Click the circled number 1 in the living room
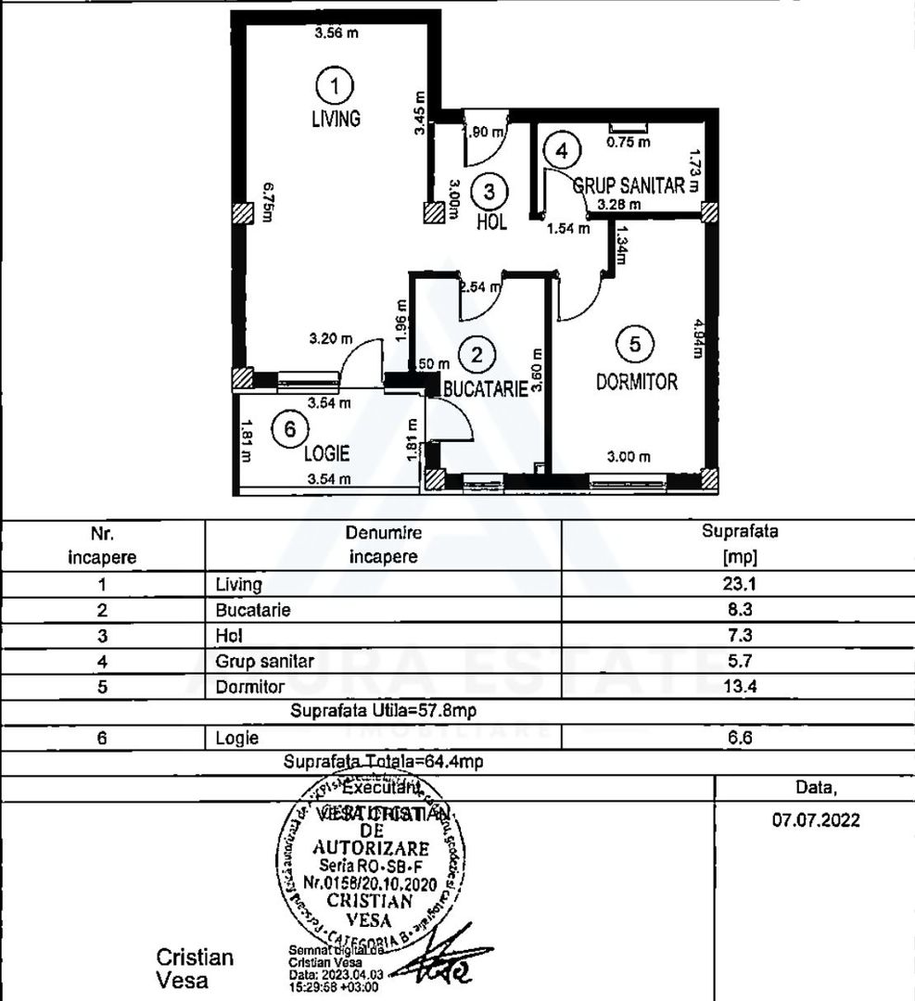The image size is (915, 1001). click(x=335, y=86)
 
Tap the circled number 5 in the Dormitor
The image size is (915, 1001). click(x=635, y=344)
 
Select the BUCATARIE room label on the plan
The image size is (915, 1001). click(x=485, y=389)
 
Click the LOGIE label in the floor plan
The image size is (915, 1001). click(x=326, y=453)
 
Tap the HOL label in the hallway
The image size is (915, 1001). click(x=491, y=223)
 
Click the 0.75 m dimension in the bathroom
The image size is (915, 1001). click(x=629, y=143)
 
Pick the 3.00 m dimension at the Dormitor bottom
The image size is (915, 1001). click(x=629, y=456)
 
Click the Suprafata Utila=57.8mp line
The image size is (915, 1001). click(x=383, y=713)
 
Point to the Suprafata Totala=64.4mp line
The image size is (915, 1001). click(x=383, y=762)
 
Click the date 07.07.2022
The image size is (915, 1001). click(x=816, y=820)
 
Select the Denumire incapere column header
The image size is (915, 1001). click(x=383, y=545)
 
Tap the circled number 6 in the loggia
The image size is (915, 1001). click(x=290, y=429)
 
